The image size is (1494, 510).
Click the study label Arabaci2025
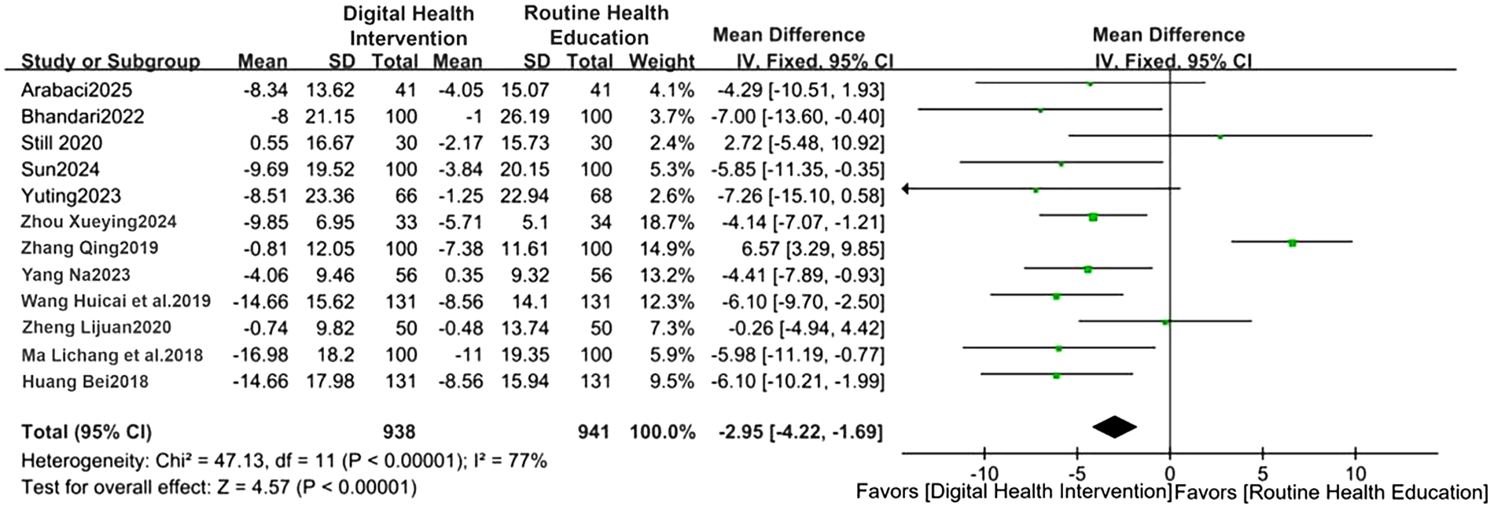pos(76,90)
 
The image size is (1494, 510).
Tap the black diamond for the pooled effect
pos(1114,427)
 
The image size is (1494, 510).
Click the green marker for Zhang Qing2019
pos(1292,243)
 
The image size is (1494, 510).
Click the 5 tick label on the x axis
pos(1262,475)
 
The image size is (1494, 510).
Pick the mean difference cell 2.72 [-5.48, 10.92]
pos(802,143)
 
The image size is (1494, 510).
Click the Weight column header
pos(662,61)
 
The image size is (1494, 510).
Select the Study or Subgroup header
pos(110,61)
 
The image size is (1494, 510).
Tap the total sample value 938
pos(399,431)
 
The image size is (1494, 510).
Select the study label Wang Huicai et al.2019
pos(116,302)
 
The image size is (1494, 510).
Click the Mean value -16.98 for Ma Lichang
pos(260,354)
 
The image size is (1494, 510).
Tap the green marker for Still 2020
pos(1220,137)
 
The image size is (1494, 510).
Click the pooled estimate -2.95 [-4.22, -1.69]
pos(800,431)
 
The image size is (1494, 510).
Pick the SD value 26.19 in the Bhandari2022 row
pos(524,116)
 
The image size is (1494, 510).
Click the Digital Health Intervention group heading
pos(408,26)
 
